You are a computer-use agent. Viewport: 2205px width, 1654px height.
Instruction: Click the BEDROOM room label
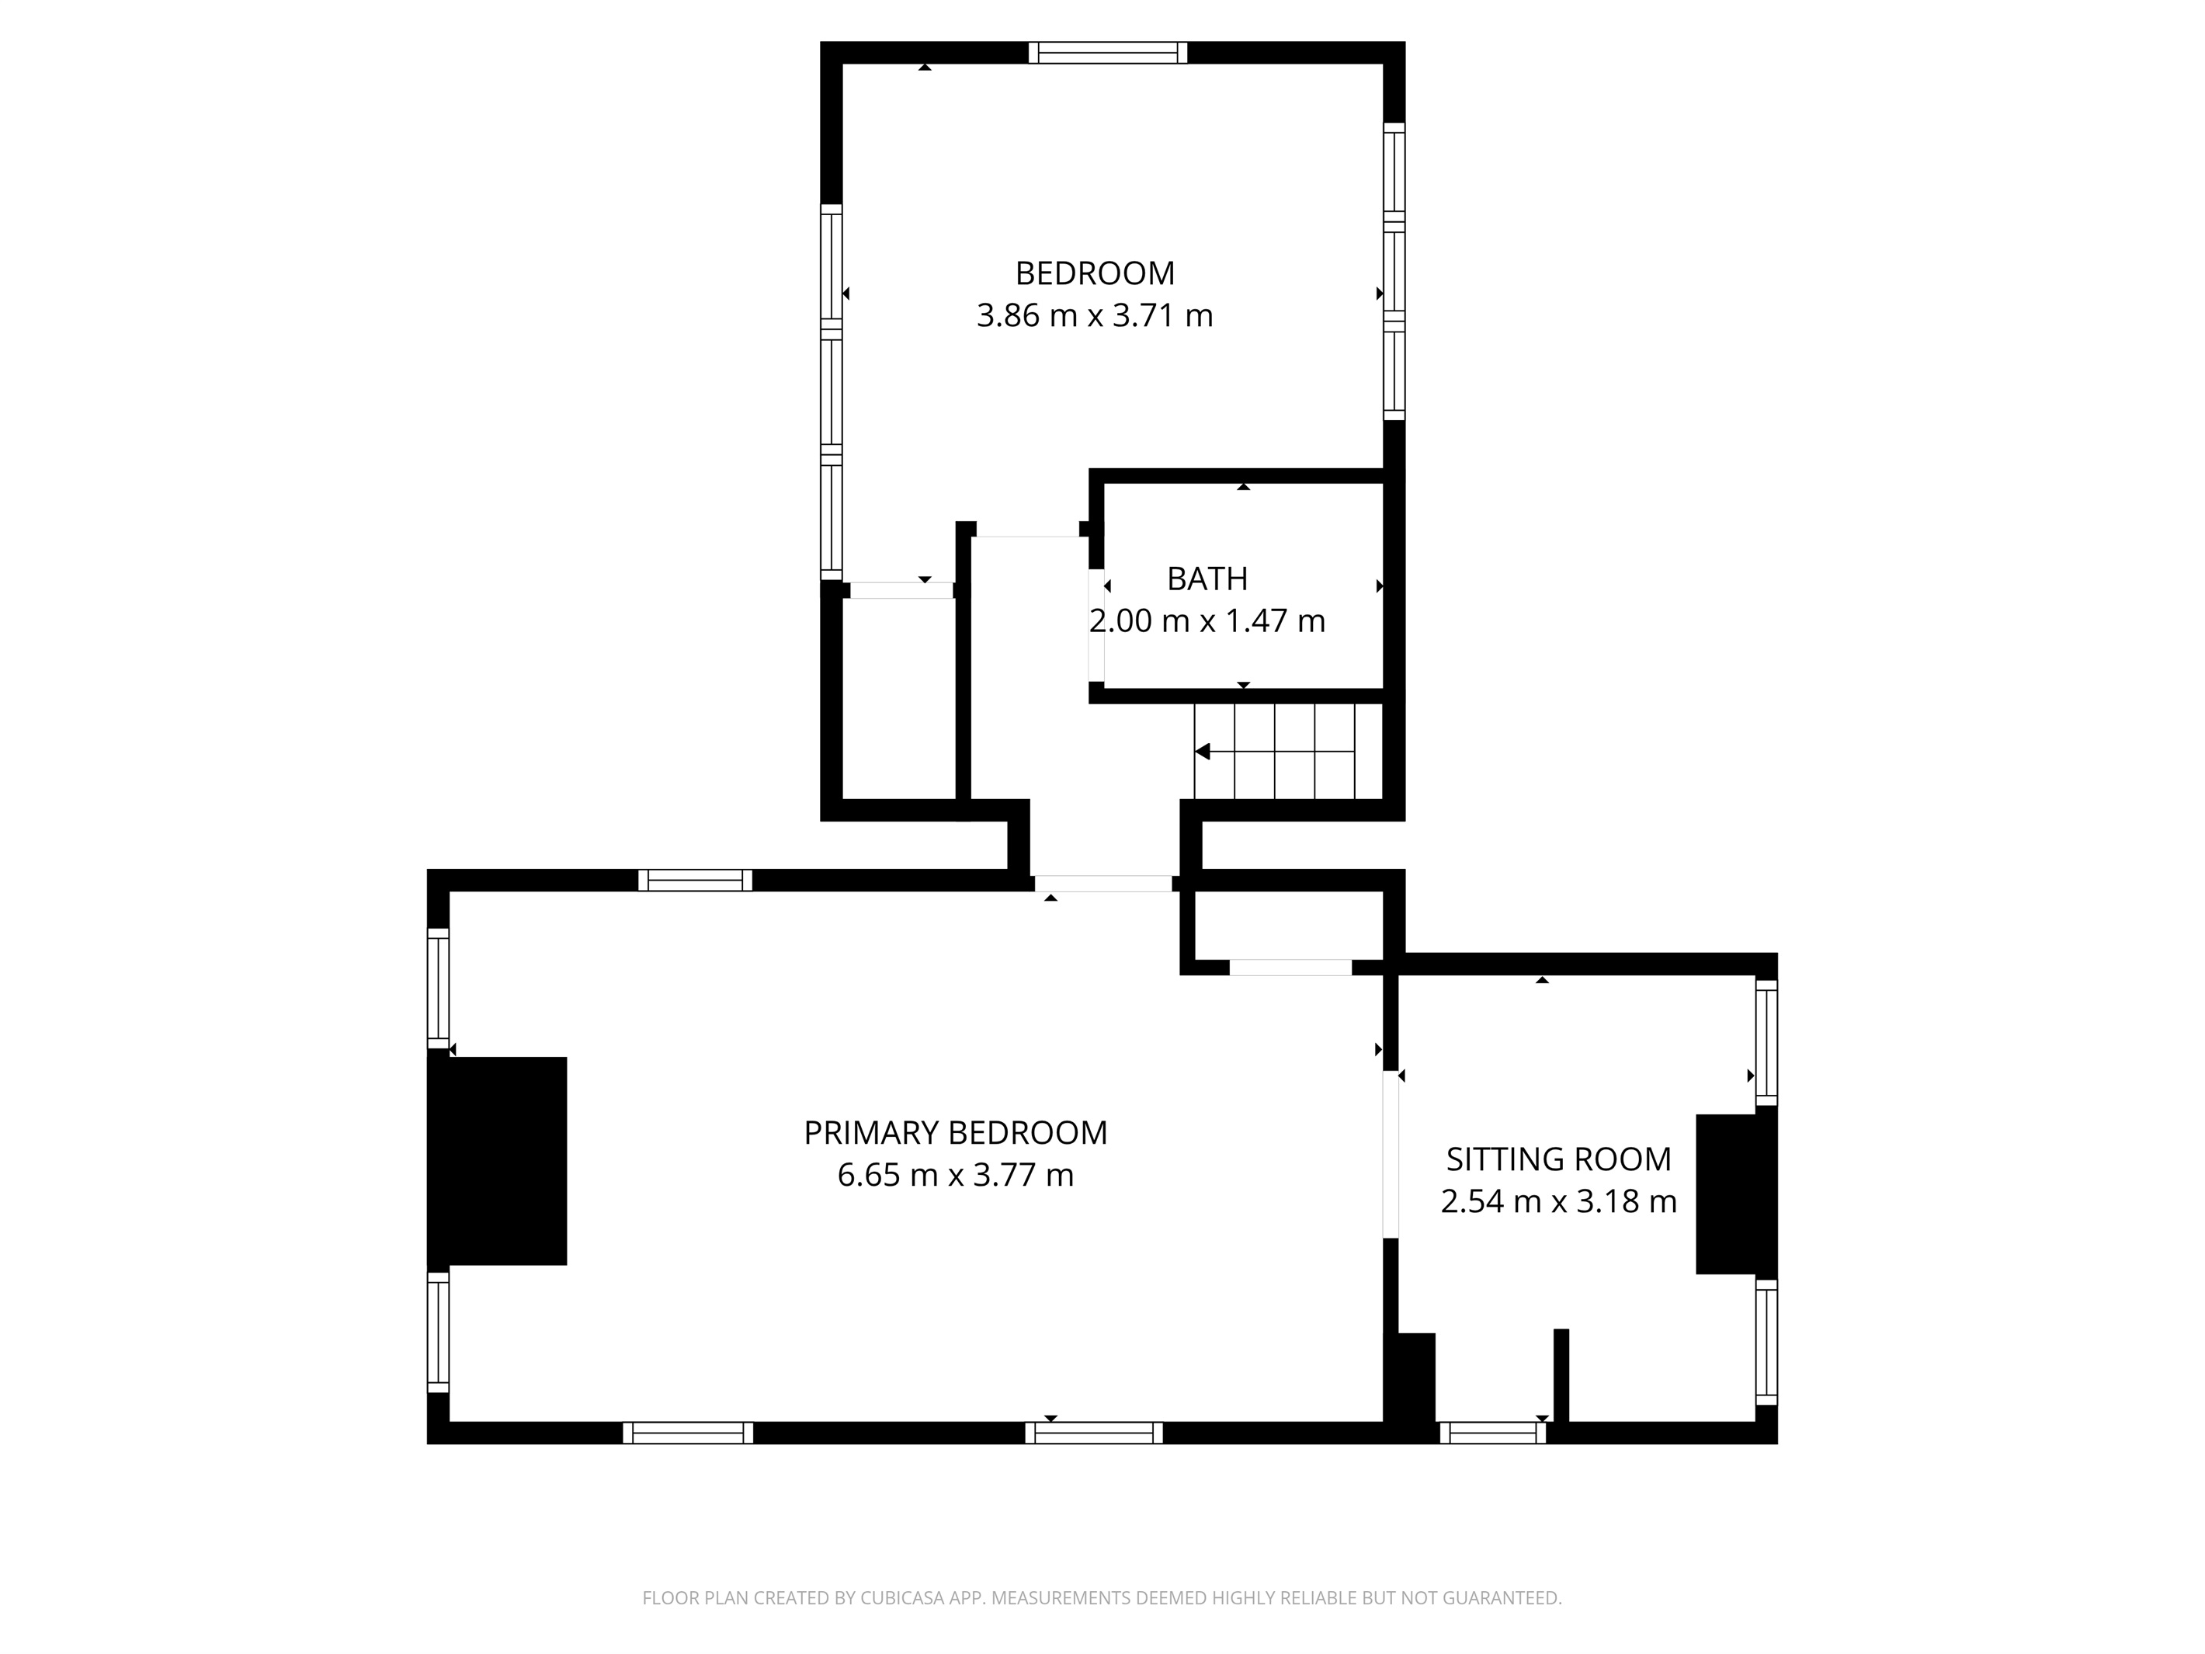pyautogui.click(x=1095, y=273)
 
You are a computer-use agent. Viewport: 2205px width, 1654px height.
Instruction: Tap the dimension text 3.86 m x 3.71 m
pyautogui.click(x=1095, y=316)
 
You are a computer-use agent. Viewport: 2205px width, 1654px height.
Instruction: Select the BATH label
pyautogui.click(x=1207, y=579)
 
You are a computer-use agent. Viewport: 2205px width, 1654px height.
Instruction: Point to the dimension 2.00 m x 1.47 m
pyautogui.click(x=1207, y=621)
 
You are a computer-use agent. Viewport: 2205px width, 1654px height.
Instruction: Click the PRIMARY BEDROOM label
pyautogui.click(x=955, y=1133)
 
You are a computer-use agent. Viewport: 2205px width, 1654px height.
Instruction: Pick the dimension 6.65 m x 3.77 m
pyautogui.click(x=955, y=1176)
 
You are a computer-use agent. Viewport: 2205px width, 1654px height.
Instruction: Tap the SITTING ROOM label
pyautogui.click(x=1558, y=1159)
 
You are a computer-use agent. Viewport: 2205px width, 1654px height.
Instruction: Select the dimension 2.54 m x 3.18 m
pyautogui.click(x=1558, y=1201)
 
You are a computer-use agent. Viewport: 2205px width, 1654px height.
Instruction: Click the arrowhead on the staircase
pyautogui.click(x=1203, y=752)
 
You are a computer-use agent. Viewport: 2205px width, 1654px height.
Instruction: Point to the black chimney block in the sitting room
pyautogui.click(x=1737, y=1194)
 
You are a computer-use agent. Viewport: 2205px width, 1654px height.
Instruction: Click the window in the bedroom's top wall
pyautogui.click(x=1107, y=53)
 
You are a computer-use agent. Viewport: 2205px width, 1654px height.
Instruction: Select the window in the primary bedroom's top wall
pyautogui.click(x=695, y=881)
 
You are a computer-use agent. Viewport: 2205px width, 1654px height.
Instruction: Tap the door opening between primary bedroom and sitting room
pyautogui.click(x=1391, y=1155)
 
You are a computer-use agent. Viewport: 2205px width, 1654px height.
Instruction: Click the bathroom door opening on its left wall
pyautogui.click(x=1096, y=625)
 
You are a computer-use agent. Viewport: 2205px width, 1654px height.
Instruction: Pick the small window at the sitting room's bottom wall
pyautogui.click(x=1492, y=1433)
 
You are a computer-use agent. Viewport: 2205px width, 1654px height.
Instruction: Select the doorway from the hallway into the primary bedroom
pyautogui.click(x=1102, y=884)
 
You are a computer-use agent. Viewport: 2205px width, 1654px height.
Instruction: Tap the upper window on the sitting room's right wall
pyautogui.click(x=1766, y=1043)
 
